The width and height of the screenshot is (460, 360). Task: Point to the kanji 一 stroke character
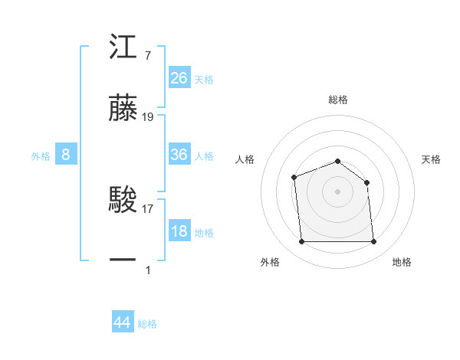point(123,260)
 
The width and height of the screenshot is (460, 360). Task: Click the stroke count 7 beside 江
point(147,56)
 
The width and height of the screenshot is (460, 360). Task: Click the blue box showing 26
point(179,77)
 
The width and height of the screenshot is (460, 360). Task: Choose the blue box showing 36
point(179,155)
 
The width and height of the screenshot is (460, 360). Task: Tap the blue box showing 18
point(179,231)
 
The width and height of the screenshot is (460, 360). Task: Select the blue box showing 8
point(66,155)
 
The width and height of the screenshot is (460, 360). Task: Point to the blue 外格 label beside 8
point(41,156)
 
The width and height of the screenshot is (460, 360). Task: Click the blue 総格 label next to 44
point(147,324)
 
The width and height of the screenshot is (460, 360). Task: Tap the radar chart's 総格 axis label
point(338,100)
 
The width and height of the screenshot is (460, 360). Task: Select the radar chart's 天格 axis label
point(432,159)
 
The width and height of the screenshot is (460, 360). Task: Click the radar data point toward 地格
point(373,242)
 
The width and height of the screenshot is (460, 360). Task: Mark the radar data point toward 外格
point(301,242)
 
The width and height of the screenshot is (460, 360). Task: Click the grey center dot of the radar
point(337,191)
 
